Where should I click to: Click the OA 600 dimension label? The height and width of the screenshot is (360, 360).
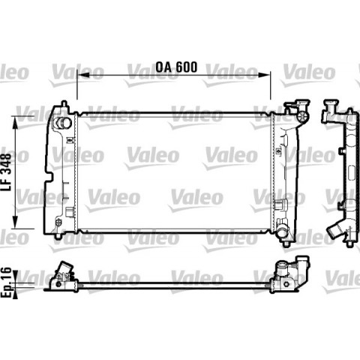(x=176, y=67)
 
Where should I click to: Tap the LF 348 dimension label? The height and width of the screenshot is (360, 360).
(x=7, y=172)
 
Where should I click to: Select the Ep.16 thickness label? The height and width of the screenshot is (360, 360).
(x=6, y=282)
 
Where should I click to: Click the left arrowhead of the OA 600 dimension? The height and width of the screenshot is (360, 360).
(x=83, y=74)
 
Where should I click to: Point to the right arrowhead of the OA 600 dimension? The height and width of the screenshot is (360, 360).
(x=264, y=74)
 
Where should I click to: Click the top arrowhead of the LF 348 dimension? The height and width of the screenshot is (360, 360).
(x=16, y=122)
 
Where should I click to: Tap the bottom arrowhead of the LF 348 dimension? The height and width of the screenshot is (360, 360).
(x=16, y=222)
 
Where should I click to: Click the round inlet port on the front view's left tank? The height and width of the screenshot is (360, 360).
(x=64, y=123)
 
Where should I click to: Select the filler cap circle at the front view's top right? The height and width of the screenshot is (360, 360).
(x=302, y=116)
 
